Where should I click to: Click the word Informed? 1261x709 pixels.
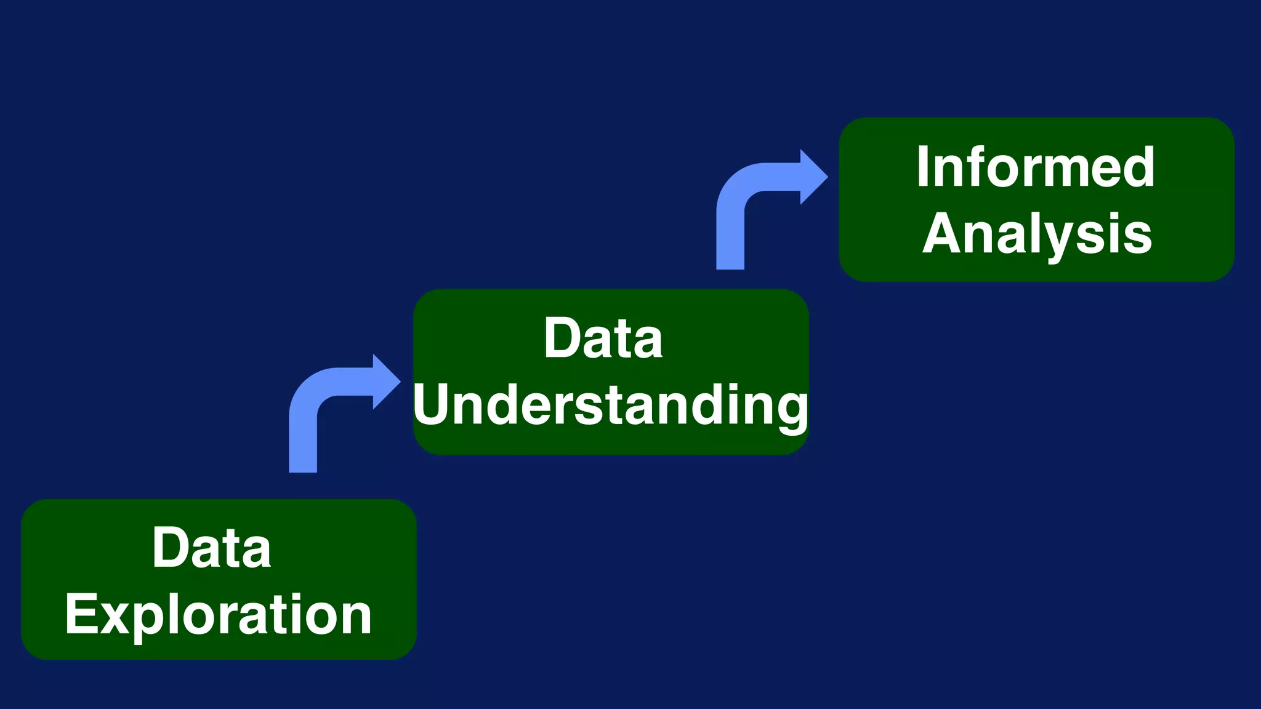1035,167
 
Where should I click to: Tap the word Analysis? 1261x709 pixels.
1037,234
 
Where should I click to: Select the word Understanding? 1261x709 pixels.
610,406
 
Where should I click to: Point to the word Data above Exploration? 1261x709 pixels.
211,548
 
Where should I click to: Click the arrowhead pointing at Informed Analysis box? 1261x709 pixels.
814,177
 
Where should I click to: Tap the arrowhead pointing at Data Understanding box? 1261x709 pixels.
387,382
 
